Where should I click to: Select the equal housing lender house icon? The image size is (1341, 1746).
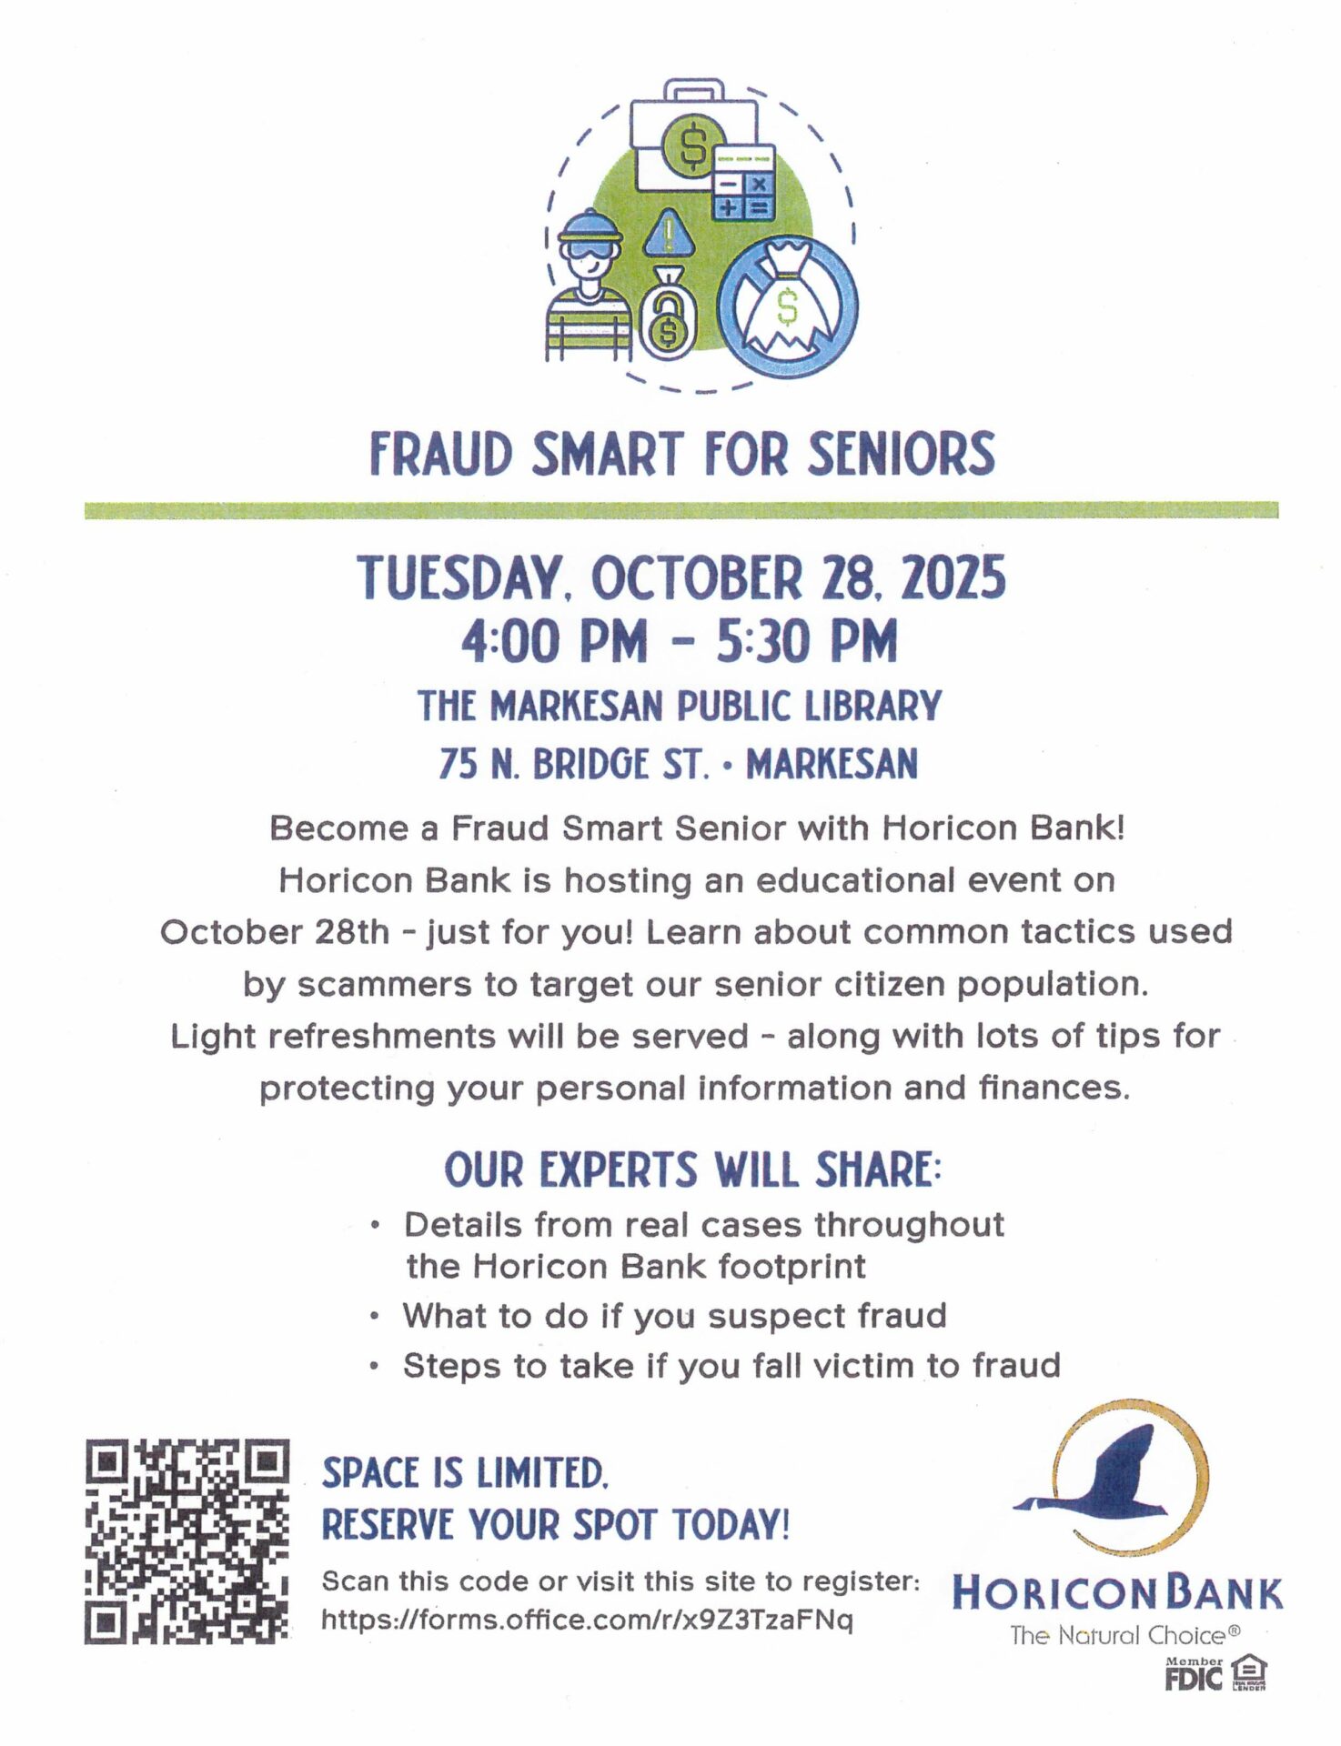point(1248,1671)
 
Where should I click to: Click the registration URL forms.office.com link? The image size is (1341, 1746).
point(587,1620)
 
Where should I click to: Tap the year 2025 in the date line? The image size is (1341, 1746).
point(953,578)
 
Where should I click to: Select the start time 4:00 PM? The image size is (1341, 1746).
point(554,641)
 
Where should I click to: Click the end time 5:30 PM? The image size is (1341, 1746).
point(807,641)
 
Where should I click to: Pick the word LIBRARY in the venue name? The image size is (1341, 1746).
point(872,707)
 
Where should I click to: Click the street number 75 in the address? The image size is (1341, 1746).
point(458,764)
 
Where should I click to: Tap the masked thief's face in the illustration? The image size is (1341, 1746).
point(590,258)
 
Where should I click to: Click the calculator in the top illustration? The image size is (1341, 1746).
point(743,183)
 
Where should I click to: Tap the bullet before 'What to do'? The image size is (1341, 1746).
point(375,1316)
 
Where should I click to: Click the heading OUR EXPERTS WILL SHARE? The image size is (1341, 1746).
point(692,1169)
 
